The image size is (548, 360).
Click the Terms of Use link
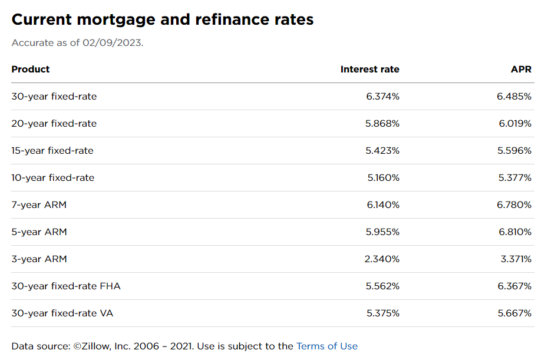click(x=326, y=346)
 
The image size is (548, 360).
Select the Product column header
click(x=31, y=69)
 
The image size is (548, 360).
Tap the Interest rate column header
click(x=369, y=69)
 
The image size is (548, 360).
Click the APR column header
click(x=521, y=69)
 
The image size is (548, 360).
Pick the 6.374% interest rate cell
click(x=382, y=96)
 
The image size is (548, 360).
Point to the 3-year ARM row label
click(x=39, y=259)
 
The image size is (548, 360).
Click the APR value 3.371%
click(x=516, y=259)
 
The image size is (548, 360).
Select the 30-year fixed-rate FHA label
click(x=66, y=286)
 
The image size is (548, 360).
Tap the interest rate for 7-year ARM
click(x=383, y=204)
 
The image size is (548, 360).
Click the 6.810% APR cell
click(x=515, y=232)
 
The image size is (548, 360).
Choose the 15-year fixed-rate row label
click(x=52, y=150)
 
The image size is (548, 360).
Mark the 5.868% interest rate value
click(x=382, y=123)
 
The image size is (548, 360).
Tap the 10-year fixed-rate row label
click(x=52, y=177)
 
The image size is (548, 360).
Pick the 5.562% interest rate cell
click(x=382, y=286)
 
